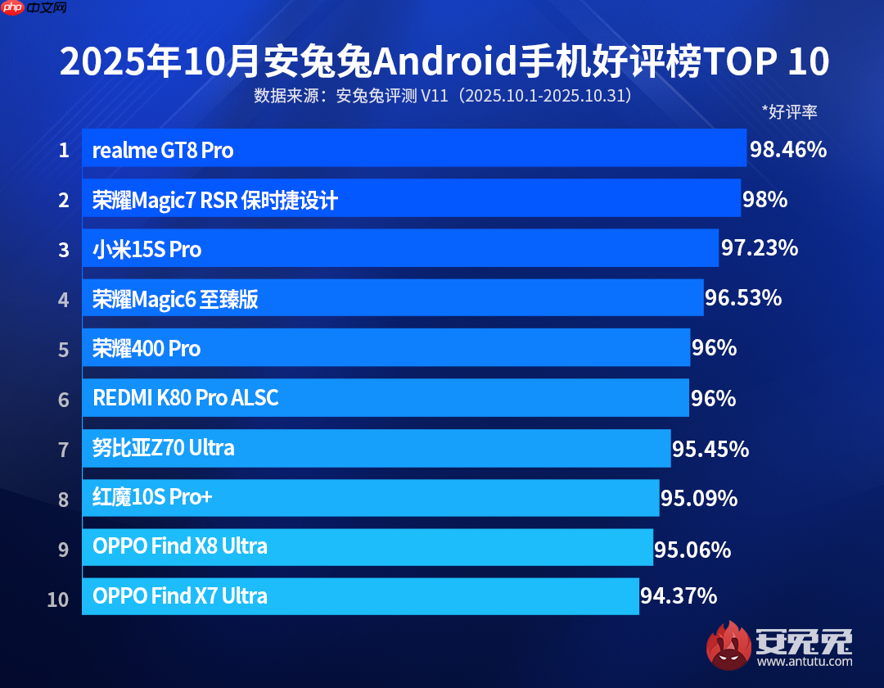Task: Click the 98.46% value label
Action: pyautogui.click(x=787, y=150)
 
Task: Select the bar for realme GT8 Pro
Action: pyautogui.click(x=413, y=148)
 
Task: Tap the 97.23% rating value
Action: pyautogui.click(x=759, y=248)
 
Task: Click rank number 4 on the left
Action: pyautogui.click(x=63, y=299)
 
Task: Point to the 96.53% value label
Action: pyautogui.click(x=743, y=298)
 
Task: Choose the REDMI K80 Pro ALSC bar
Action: pyautogui.click(x=385, y=398)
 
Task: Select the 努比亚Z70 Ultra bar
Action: pyautogui.click(x=376, y=448)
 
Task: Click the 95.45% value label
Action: pyautogui.click(x=710, y=449)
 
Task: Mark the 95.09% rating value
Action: pyautogui.click(x=699, y=498)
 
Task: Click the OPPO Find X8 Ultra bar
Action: pyautogui.click(x=367, y=547)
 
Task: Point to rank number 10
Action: pyautogui.click(x=58, y=599)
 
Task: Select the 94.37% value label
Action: pyautogui.click(x=679, y=596)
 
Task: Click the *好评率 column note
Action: pyautogui.click(x=789, y=112)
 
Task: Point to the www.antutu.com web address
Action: pyautogui.click(x=805, y=661)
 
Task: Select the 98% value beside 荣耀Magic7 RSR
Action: pyautogui.click(x=764, y=199)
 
